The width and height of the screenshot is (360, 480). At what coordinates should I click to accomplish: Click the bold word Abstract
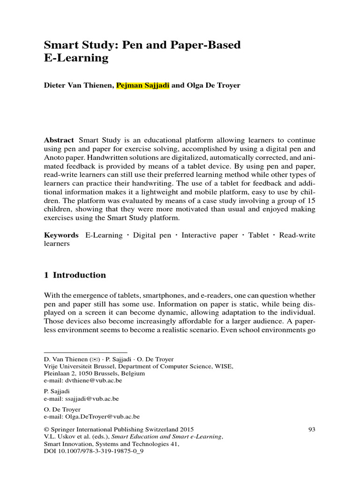[x=59, y=140]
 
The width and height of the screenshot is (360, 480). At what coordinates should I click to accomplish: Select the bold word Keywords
[x=61, y=235]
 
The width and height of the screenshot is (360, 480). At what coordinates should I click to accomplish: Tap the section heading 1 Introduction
[x=75, y=275]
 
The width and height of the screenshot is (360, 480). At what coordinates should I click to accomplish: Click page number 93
[x=312, y=429]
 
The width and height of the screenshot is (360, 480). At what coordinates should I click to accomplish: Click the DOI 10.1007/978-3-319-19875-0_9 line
[x=93, y=451]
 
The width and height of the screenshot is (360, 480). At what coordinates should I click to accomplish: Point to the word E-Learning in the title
[x=76, y=59]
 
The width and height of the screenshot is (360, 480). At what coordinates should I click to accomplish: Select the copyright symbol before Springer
[x=46, y=429]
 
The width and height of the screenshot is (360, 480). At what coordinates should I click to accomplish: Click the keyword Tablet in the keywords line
[x=258, y=235]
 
